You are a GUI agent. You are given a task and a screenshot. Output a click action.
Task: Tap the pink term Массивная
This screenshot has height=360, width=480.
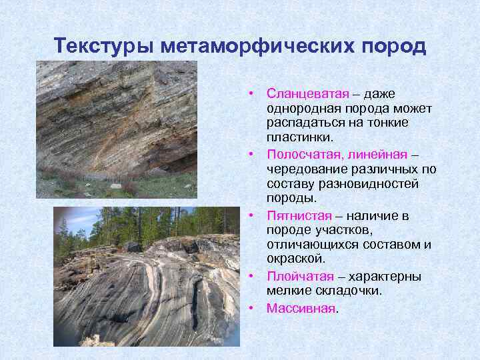pyautogui.click(x=300, y=308)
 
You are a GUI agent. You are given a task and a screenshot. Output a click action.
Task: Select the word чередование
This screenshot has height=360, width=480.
pyautogui.click(x=303, y=169)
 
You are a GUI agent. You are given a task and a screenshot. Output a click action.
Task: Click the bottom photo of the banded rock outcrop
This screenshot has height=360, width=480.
pyautogui.click(x=147, y=277)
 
